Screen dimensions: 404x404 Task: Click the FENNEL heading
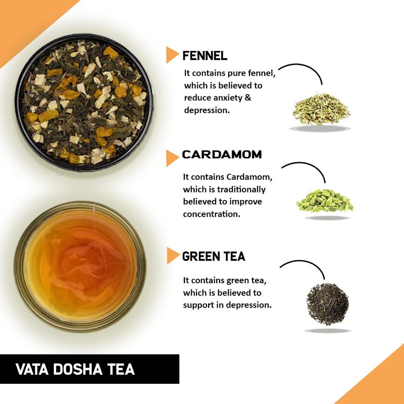pos(205,56)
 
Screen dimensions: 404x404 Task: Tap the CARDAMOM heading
pos(222,155)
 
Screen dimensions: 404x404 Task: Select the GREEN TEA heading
pos(214,257)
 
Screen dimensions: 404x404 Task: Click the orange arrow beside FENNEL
pos(172,55)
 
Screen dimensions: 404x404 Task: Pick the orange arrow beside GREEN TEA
pos(173,256)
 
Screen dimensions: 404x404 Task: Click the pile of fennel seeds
pos(321,109)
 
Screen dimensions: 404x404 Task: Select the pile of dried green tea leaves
pos(327,304)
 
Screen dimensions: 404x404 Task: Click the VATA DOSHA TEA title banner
pos(89,369)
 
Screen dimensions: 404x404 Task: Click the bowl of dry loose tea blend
pos(83,103)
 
